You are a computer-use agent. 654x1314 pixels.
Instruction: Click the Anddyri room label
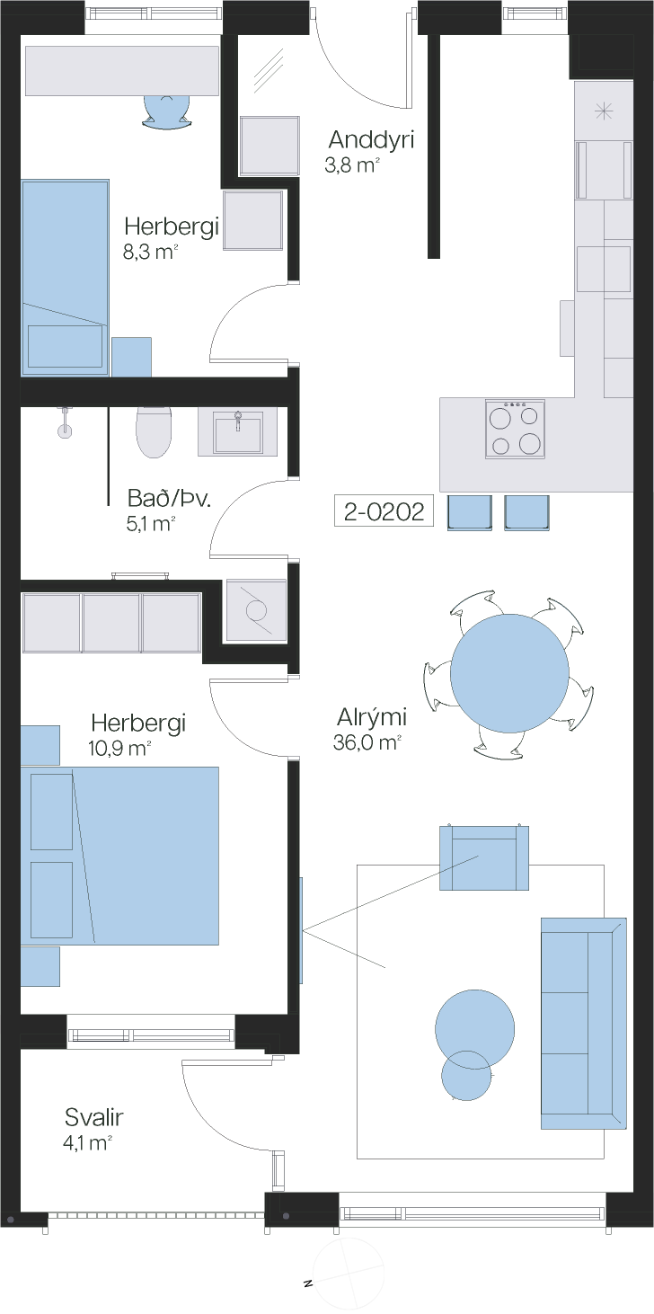pyautogui.click(x=371, y=139)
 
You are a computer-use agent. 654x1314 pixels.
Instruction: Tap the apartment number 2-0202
pyautogui.click(x=384, y=511)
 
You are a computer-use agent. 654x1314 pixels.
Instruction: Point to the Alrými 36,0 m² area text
pyautogui.click(x=367, y=742)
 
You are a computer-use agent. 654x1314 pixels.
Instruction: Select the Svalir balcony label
pyautogui.click(x=93, y=1117)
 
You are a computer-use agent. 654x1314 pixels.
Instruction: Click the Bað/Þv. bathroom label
pyautogui.click(x=169, y=499)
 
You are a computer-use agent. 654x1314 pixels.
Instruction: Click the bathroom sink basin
pyautogui.click(x=237, y=432)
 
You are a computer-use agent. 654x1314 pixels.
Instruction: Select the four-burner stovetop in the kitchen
pyautogui.click(x=515, y=429)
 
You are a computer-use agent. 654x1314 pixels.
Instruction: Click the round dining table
pyautogui.click(x=509, y=673)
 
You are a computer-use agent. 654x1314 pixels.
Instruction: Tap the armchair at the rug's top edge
pyautogui.click(x=484, y=857)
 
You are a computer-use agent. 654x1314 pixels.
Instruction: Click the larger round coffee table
pyautogui.click(x=474, y=1029)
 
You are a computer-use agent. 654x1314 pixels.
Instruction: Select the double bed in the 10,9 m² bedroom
pyautogui.click(x=119, y=856)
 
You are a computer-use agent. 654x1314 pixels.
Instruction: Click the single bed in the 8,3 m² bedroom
pyautogui.click(x=65, y=278)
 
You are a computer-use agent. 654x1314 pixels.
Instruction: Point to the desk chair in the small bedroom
pyautogui.click(x=166, y=111)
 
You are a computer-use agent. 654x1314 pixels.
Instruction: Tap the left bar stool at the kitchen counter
pyautogui.click(x=470, y=512)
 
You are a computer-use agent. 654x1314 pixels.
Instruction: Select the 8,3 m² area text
pyautogui.click(x=150, y=253)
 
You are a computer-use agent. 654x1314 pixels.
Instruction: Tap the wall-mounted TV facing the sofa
pyautogui.click(x=302, y=929)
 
